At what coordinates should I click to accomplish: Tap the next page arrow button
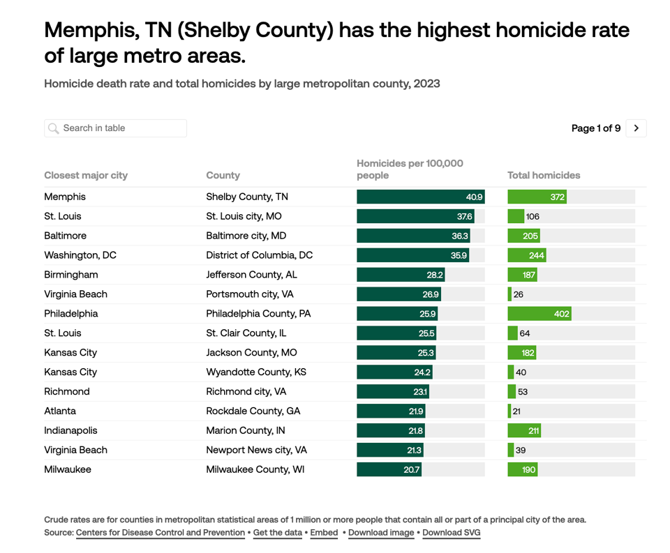636,128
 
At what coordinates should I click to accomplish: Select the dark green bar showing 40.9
420,197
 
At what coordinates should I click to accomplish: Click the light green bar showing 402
539,314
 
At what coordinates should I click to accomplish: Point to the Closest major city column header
86,175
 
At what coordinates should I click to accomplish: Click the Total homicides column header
544,175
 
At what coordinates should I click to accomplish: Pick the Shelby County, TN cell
247,197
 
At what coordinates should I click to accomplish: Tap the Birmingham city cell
71,275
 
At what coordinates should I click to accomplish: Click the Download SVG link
452,533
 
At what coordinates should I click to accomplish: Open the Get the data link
278,533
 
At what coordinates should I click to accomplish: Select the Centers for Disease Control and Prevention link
161,533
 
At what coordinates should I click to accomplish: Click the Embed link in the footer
324,533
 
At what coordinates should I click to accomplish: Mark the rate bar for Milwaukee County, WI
389,470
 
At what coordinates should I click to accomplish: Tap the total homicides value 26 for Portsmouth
518,294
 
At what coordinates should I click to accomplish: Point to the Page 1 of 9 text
595,128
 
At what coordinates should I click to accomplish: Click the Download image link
381,533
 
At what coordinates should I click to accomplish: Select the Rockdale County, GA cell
253,411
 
